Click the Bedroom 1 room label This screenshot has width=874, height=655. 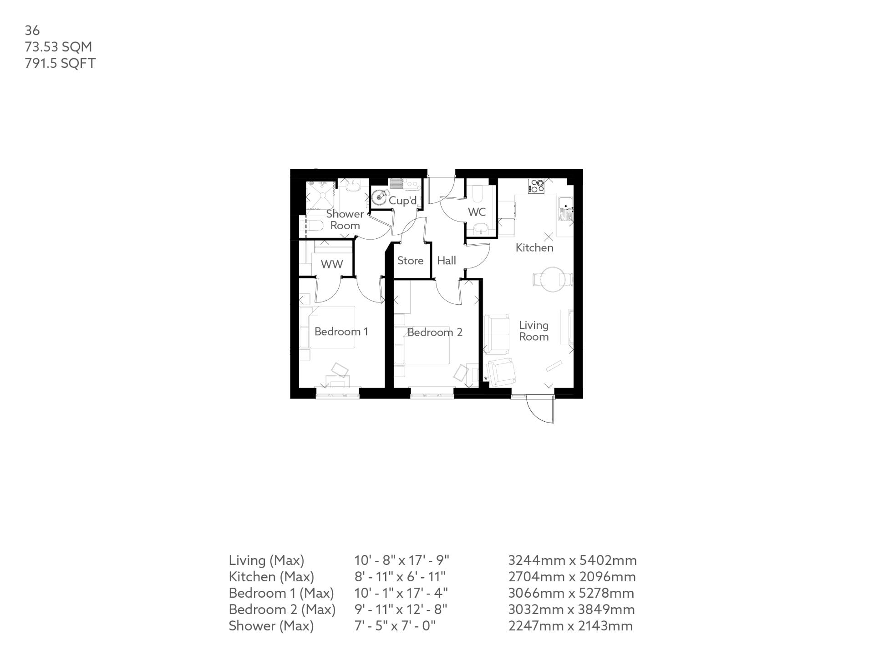point(341,332)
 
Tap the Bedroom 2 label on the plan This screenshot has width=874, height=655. point(435,333)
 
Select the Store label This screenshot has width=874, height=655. point(410,261)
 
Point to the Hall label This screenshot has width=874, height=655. point(447,261)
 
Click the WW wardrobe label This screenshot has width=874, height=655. point(332,264)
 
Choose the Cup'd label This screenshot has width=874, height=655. point(402,201)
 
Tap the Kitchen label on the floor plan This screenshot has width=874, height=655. point(534,248)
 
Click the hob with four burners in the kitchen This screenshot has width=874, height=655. point(536,186)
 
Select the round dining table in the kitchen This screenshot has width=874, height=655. point(552,279)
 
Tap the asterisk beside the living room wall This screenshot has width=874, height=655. point(486,378)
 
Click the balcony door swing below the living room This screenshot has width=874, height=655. point(541,409)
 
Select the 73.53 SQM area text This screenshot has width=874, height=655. point(58,47)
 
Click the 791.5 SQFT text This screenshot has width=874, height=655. point(60,63)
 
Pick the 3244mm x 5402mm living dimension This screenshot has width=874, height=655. point(572,560)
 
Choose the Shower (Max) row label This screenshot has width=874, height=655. point(271,626)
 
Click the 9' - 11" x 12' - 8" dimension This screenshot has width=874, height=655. point(401,610)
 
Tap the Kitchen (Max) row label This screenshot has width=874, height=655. point(271,577)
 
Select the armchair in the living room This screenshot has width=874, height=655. point(501,371)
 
